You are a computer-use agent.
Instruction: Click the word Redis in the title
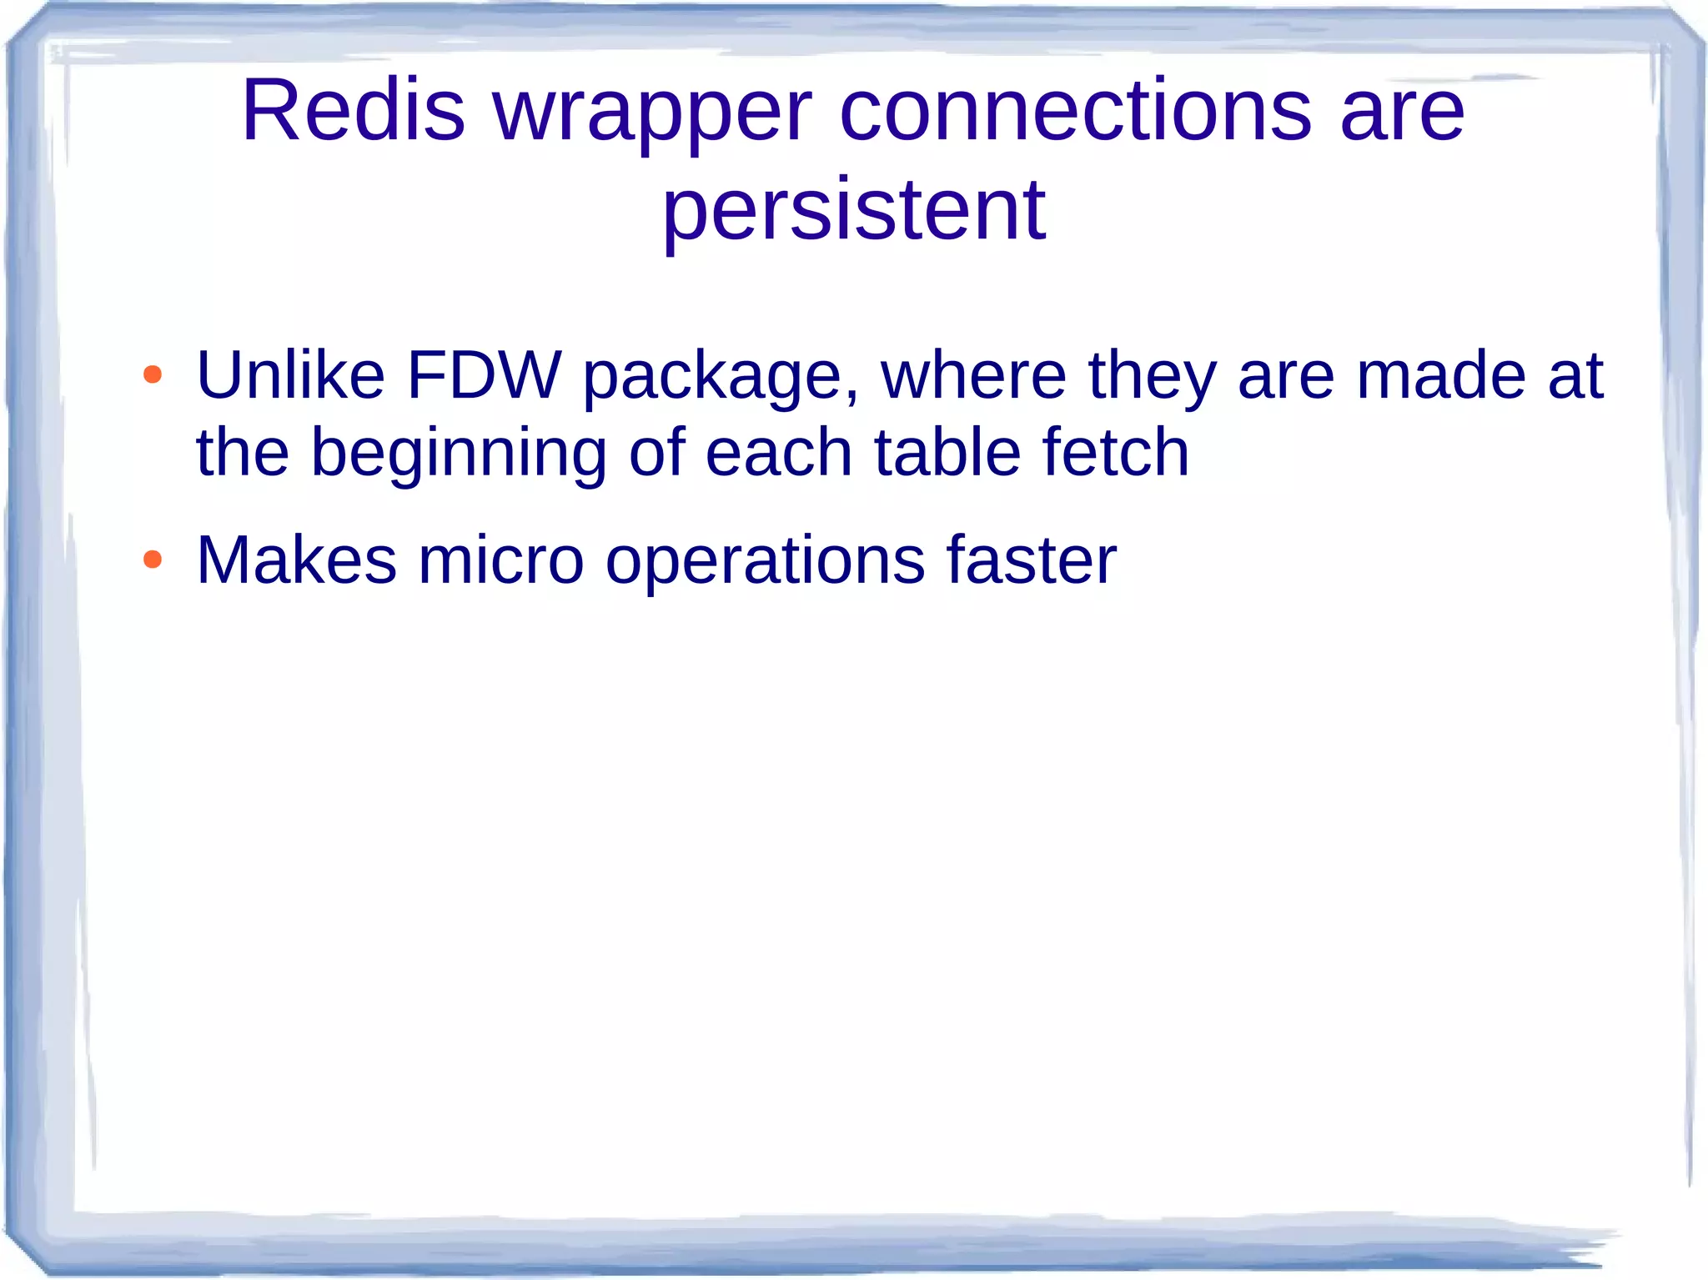(353, 111)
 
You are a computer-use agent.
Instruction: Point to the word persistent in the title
(853, 213)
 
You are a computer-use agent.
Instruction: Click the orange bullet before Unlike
(152, 374)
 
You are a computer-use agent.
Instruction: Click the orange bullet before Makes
(152, 559)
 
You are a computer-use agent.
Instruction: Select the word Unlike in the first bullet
(290, 375)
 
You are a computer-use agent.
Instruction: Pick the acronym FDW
(484, 375)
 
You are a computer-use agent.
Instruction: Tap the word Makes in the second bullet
(296, 560)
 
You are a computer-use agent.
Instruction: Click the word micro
(500, 560)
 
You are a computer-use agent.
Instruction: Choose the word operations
(765, 563)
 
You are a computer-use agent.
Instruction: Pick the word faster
(1031, 560)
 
